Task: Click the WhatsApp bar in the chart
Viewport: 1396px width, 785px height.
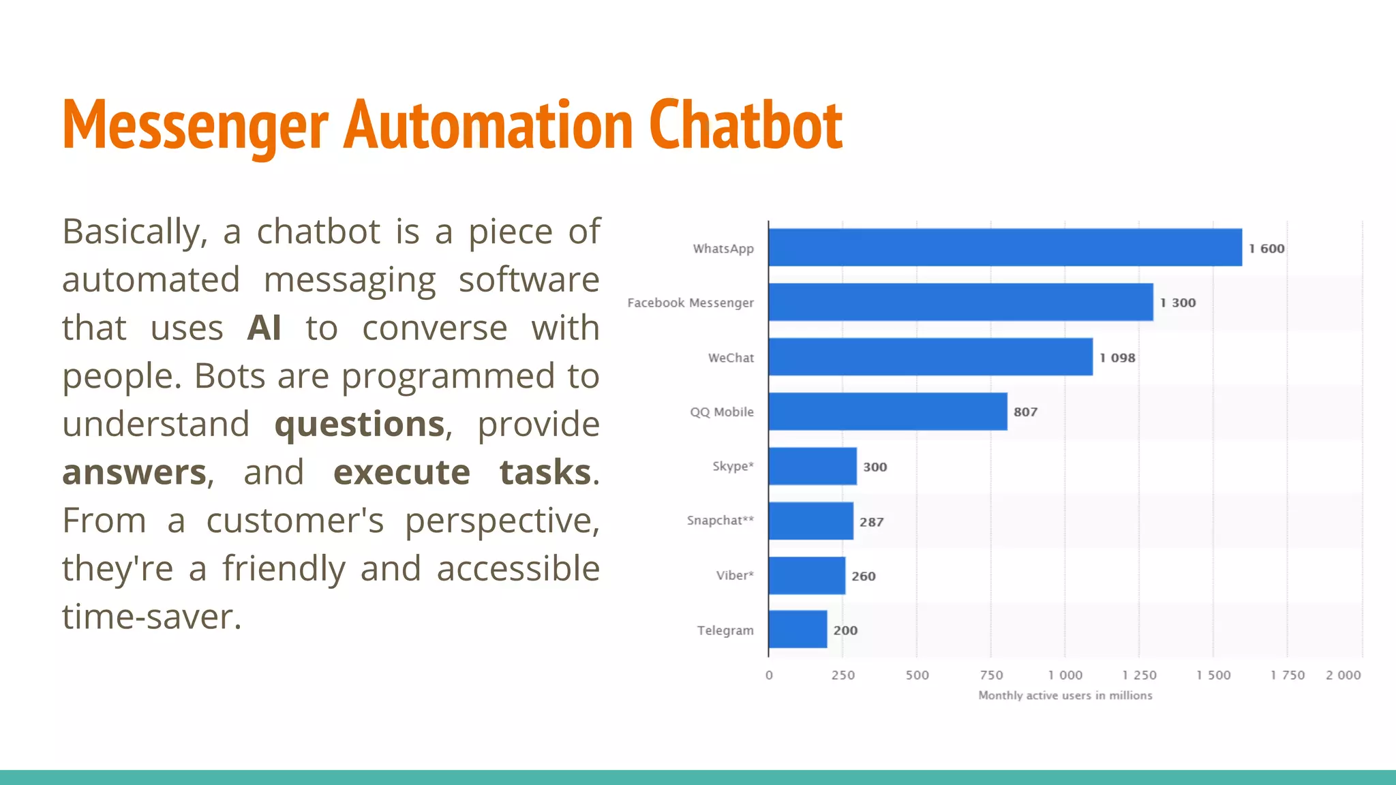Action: pos(1005,247)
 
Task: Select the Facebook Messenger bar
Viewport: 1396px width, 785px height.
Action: pos(960,302)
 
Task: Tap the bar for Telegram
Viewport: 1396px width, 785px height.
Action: pos(798,630)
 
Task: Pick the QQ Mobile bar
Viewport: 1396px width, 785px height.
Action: pos(887,412)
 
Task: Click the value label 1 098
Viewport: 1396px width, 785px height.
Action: pos(1117,358)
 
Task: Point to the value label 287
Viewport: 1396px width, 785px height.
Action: pos(871,522)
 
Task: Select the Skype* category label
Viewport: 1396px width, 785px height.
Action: pos(733,466)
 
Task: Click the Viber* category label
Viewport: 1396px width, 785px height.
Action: pos(735,575)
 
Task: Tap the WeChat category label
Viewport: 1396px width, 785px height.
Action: pos(731,358)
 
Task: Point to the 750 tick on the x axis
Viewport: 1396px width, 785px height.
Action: pos(991,675)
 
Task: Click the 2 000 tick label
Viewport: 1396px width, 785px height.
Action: pos(1343,675)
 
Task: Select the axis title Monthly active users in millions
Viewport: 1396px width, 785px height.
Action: pos(1065,695)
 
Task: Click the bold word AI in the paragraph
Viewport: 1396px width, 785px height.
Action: pos(264,328)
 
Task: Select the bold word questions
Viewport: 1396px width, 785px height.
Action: pos(359,425)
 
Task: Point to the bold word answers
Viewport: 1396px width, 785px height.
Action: pos(134,472)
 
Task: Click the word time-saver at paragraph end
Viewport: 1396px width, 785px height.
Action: pos(151,617)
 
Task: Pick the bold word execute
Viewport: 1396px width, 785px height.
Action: pos(401,472)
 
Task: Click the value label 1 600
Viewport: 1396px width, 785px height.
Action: pos(1266,249)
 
